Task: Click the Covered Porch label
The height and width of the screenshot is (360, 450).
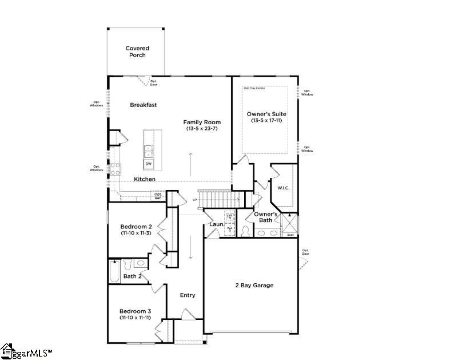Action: coord(137,52)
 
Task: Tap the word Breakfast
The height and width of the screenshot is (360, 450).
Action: coord(143,105)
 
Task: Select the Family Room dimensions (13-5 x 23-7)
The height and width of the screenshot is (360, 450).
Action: coord(202,129)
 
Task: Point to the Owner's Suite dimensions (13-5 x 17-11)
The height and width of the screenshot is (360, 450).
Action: coord(266,121)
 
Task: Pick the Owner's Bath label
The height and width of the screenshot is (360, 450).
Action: coord(266,217)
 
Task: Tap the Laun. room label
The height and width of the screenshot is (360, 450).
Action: coord(216,225)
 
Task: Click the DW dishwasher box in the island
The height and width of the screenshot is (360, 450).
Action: coord(149,164)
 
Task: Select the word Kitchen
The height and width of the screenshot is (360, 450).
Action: coord(145,179)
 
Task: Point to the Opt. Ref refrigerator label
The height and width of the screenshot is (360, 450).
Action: coord(158,196)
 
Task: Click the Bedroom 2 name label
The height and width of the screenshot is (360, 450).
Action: coord(136,227)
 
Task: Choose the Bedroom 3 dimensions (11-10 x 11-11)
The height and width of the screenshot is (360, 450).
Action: coord(136,317)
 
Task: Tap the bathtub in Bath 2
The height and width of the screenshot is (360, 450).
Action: coord(114,272)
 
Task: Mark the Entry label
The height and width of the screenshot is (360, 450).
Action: coord(188,295)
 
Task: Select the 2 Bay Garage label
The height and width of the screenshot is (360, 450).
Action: coord(254,285)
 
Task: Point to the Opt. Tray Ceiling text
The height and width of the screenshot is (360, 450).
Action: coord(254,88)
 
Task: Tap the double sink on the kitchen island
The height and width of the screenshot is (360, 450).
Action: coord(149,151)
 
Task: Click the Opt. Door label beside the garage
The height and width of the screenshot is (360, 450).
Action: coord(305,252)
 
